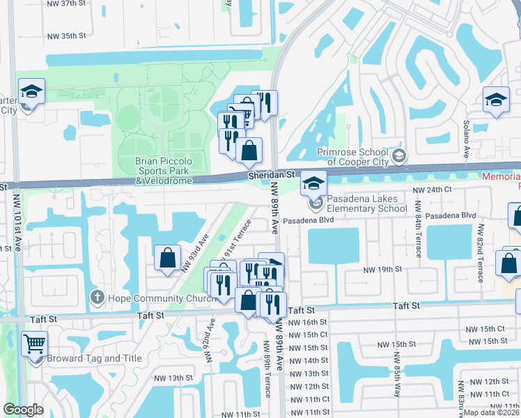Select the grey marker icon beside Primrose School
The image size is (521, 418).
[399, 155]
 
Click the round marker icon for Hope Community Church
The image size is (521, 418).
[97, 299]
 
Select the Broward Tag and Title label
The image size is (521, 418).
[94, 359]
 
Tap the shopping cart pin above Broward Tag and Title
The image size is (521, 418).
[35, 343]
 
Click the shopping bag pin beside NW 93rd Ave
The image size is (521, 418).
[168, 258]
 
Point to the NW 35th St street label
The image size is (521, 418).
[66, 36]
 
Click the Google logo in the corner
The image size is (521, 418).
[23, 410]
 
